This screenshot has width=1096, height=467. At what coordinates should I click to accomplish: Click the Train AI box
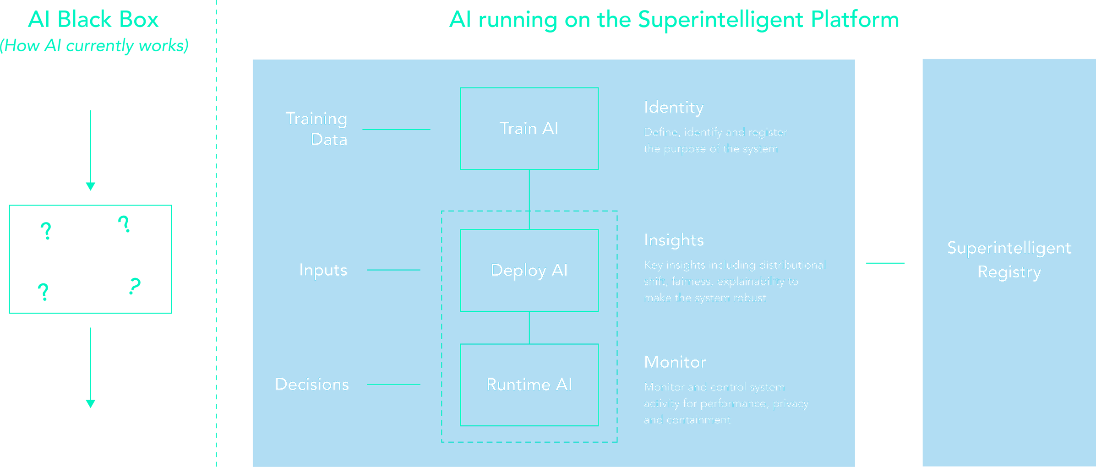(x=529, y=129)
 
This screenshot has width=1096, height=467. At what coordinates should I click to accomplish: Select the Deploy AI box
(x=529, y=270)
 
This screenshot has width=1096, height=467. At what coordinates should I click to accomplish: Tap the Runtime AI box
(x=529, y=385)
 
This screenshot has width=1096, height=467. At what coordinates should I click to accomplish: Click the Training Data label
(x=316, y=129)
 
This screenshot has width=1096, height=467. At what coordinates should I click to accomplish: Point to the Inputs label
(x=323, y=270)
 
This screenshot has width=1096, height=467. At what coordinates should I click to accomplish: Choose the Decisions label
(x=312, y=385)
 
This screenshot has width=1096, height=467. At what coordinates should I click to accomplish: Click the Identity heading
(x=673, y=107)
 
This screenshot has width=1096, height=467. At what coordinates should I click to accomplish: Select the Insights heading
(x=673, y=240)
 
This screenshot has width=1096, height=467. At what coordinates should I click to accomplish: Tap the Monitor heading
(x=675, y=362)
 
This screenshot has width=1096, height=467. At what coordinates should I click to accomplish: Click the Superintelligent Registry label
(x=1009, y=260)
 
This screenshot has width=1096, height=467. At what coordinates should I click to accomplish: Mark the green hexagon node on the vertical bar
(x=887, y=263)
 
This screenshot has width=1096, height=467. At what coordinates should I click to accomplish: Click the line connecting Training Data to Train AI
(x=396, y=130)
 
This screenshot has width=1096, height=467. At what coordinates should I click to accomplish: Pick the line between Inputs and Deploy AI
(x=393, y=270)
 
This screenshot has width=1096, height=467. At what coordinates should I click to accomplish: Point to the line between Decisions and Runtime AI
(x=393, y=384)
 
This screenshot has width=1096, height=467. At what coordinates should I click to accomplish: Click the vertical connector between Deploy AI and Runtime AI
(x=529, y=327)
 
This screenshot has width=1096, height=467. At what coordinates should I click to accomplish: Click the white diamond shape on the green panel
(x=90, y=258)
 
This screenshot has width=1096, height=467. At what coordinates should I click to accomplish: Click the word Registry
(x=1009, y=272)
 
